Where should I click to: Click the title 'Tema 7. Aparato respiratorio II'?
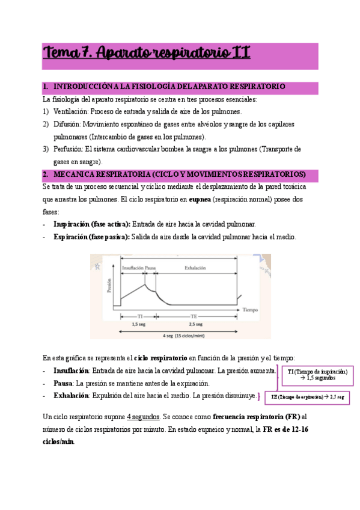pyautogui.click(x=146, y=54)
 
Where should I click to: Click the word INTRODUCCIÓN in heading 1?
pyautogui.click(x=81, y=87)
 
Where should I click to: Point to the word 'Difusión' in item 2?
pyautogui.click(x=67, y=124)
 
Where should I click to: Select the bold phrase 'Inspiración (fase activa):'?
pyautogui.click(x=91, y=224)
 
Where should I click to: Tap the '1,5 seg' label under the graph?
pyautogui.click(x=138, y=324)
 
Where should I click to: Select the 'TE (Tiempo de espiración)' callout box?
pyautogui.click(x=307, y=398)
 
